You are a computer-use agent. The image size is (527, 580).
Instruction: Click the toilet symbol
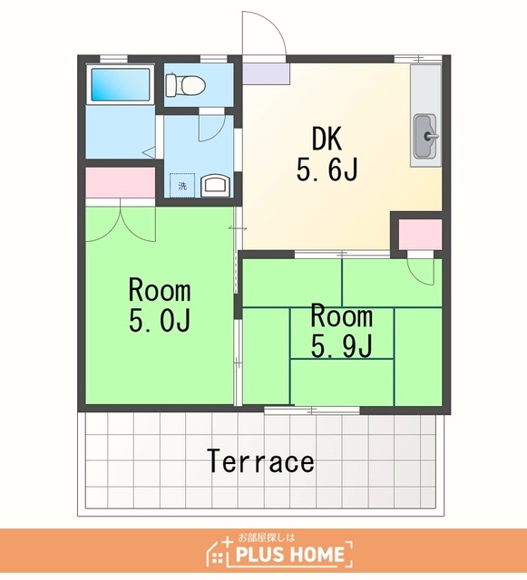(185, 84)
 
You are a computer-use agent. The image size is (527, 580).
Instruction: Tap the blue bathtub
(121, 84)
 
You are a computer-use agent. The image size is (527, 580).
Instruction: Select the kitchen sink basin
(426, 136)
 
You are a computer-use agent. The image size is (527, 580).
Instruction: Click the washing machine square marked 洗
(182, 185)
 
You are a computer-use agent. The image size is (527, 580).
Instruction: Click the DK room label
(327, 139)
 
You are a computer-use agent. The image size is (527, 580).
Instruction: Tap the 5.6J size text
(327, 170)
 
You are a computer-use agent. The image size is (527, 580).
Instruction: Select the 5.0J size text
(160, 320)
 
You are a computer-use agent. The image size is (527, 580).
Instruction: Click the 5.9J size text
(341, 346)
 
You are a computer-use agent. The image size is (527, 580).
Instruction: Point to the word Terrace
(260, 461)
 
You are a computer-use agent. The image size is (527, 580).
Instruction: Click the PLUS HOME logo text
(290, 554)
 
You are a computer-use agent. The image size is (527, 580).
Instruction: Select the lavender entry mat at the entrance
(266, 73)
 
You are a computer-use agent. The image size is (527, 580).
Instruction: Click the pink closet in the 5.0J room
(121, 182)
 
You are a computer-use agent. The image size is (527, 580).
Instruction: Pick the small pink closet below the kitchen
(420, 235)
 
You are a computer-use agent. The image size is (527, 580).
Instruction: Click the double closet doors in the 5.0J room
(121, 224)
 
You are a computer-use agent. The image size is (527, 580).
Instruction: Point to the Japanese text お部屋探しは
(267, 536)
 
